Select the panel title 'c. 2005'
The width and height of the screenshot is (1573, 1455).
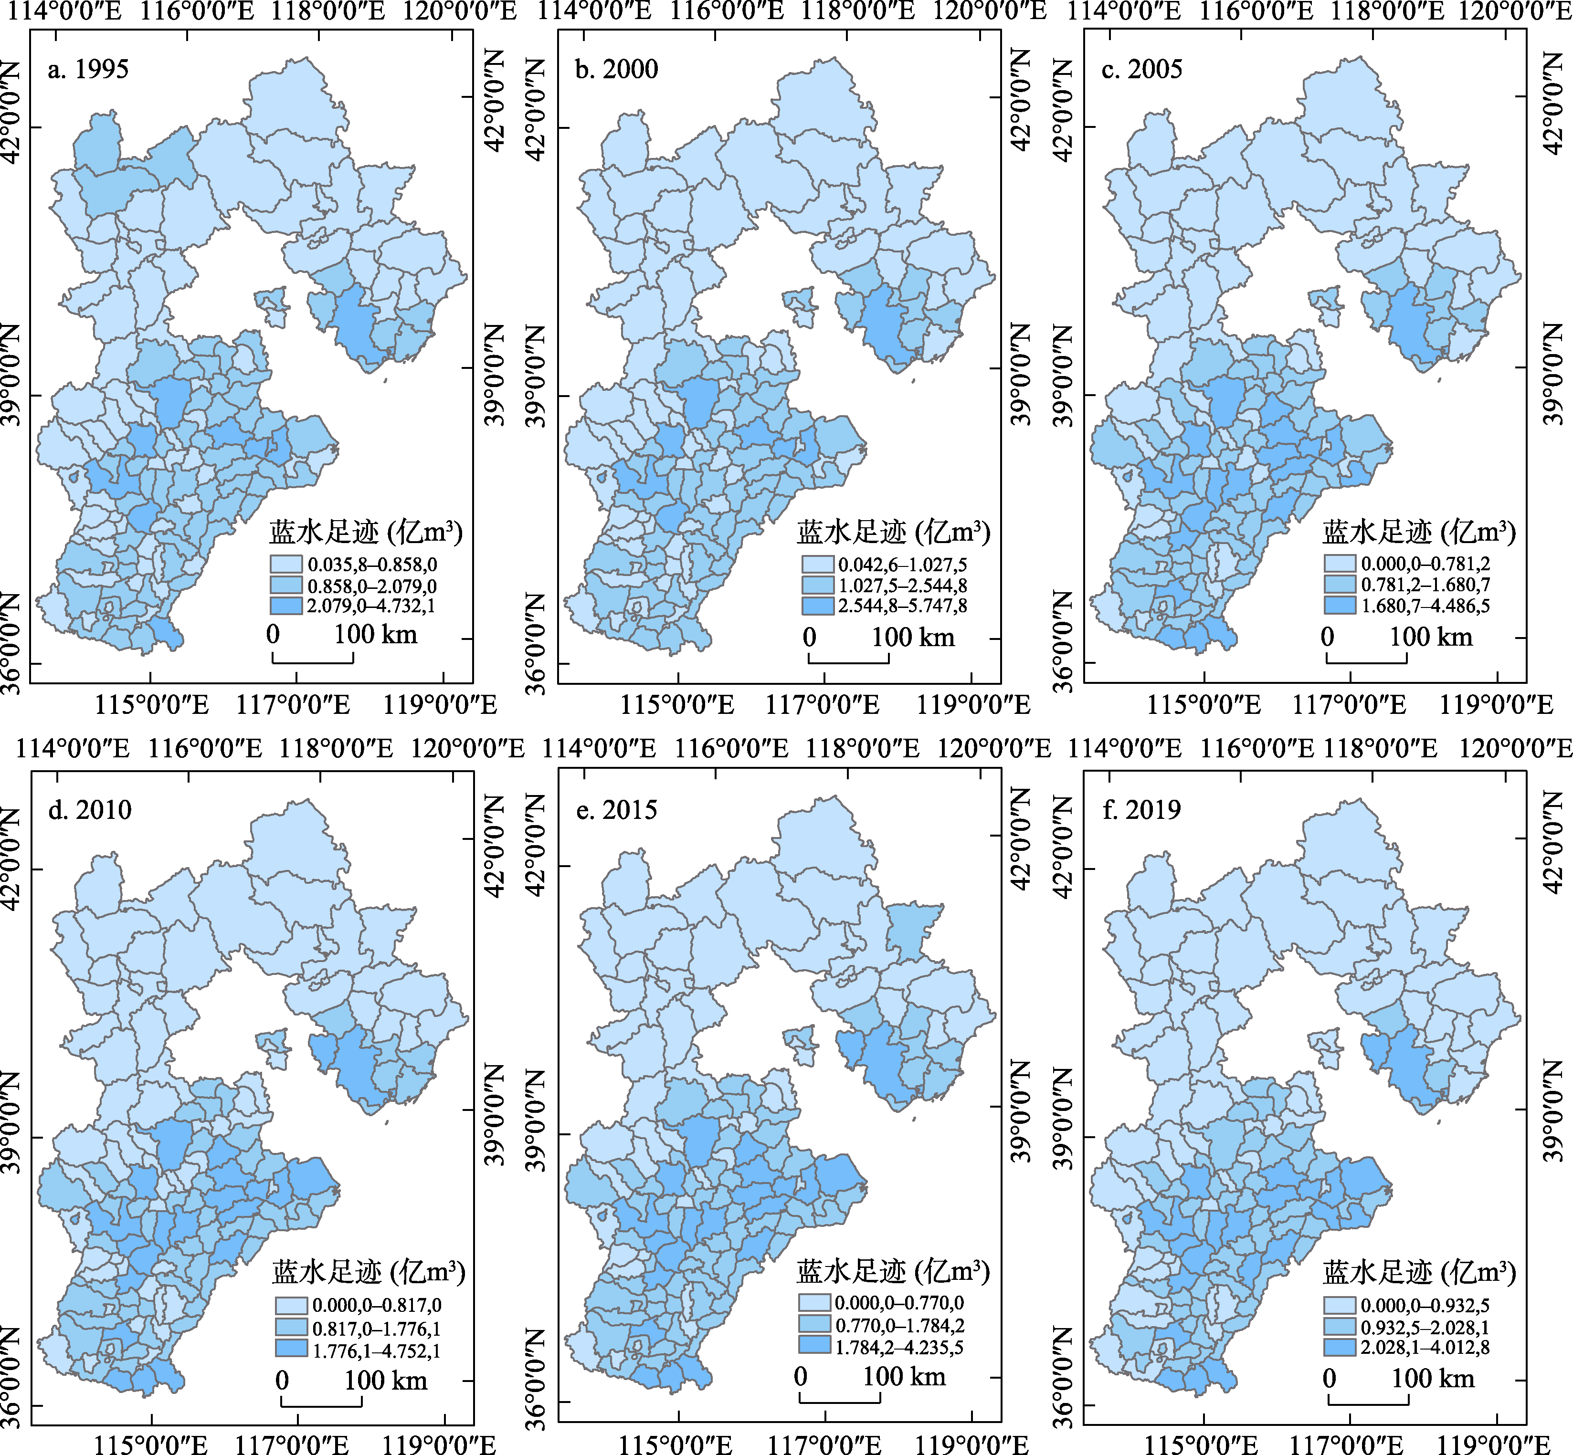1141,69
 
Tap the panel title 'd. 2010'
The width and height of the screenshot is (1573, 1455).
89,810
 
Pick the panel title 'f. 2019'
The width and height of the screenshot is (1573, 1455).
1141,810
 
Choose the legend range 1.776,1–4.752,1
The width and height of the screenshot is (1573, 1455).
377,1351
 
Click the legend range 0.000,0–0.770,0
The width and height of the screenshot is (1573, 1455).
899,1304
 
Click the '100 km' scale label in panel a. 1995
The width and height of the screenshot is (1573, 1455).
375,635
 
